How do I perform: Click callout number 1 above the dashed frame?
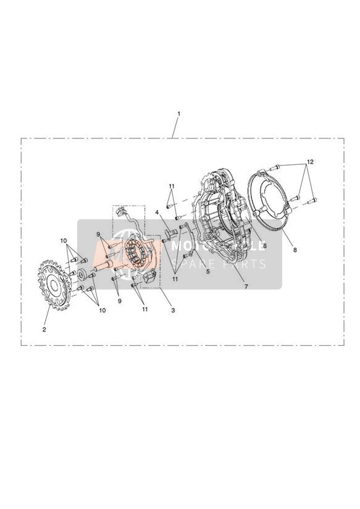tap(178, 114)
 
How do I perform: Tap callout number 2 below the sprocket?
tap(44, 329)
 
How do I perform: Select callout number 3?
tap(173, 310)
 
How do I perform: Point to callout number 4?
tap(156, 212)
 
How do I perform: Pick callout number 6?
tap(265, 246)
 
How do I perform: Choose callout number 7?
tap(246, 287)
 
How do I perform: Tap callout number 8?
tap(295, 250)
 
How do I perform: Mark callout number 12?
tap(311, 162)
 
